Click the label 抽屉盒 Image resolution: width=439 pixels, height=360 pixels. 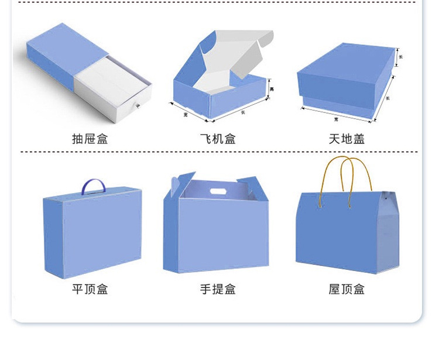(x=90, y=139)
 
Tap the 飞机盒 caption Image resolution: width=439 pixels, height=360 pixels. (x=218, y=139)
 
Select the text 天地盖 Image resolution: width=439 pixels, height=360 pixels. (x=347, y=139)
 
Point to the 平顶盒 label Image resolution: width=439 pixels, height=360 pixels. (x=90, y=289)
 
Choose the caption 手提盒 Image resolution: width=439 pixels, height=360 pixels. (x=218, y=289)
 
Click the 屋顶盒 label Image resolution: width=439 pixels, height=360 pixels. (x=347, y=289)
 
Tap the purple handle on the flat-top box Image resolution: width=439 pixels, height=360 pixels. (x=94, y=186)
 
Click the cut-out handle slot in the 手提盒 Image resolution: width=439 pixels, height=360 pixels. (x=220, y=191)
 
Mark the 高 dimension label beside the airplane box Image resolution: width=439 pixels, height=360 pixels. (x=272, y=89)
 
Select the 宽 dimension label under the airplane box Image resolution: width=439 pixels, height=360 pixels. (x=186, y=115)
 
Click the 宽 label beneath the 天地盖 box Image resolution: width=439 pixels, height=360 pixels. (x=336, y=119)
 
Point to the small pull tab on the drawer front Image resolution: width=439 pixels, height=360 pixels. (x=138, y=106)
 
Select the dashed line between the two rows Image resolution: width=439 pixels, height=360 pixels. (x=219, y=152)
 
